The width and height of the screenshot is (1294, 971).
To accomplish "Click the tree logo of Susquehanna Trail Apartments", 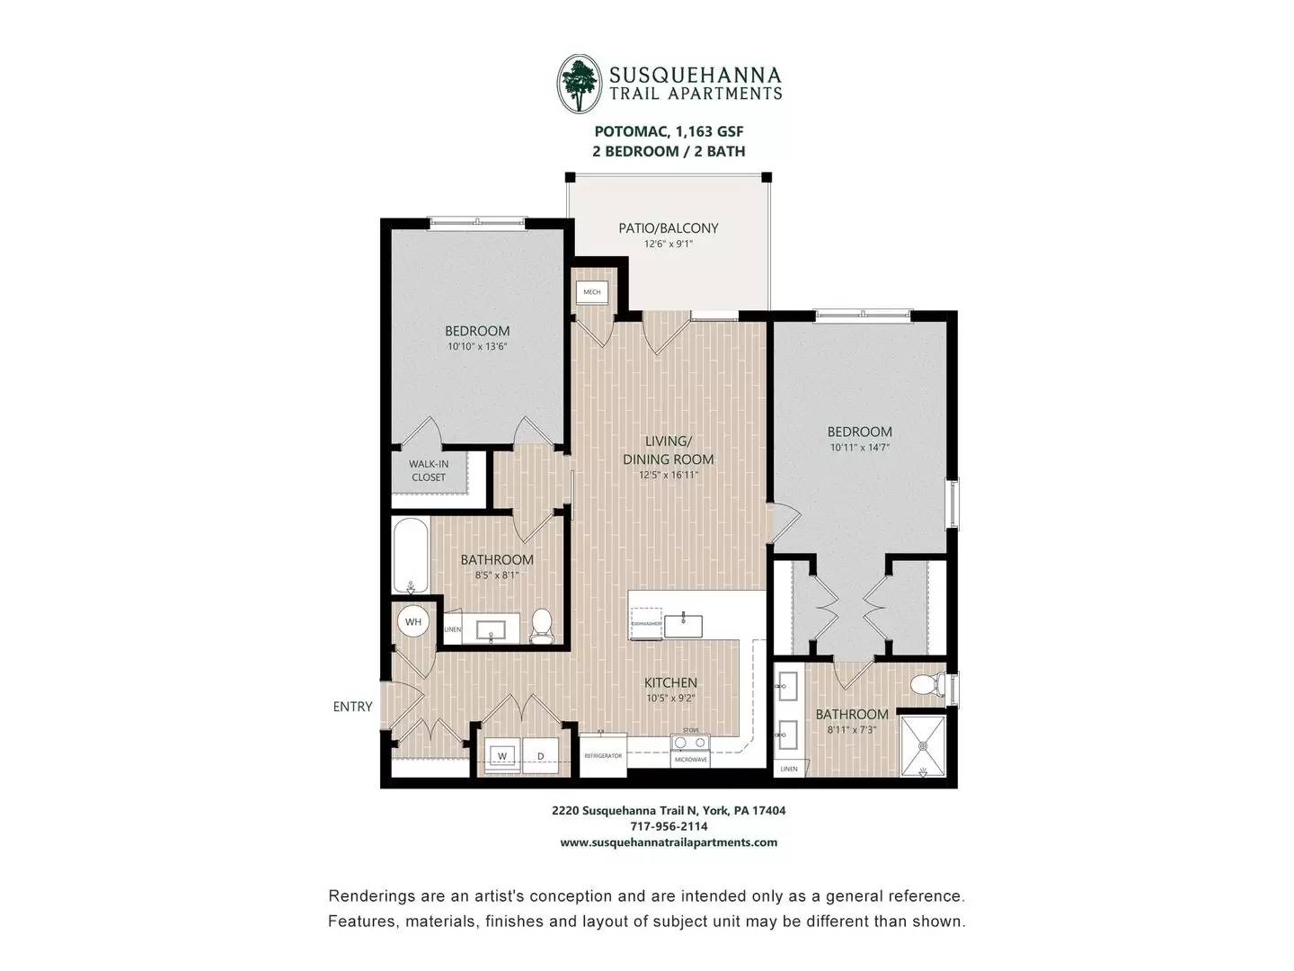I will tap(579, 84).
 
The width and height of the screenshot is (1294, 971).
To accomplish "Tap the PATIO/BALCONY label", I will tap(668, 228).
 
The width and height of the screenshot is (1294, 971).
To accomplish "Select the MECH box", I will tap(591, 292).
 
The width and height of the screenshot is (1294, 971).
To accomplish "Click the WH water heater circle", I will tap(412, 621).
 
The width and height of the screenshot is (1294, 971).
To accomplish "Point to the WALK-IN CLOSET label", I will tap(429, 470).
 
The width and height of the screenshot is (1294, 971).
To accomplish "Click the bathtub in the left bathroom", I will tap(411, 556).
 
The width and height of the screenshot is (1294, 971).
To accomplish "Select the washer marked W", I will tap(502, 755).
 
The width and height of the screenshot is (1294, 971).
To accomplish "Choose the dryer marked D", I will tap(540, 755).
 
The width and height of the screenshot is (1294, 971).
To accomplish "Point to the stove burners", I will tap(690, 743).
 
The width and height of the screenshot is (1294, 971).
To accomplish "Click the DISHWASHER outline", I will tap(646, 623).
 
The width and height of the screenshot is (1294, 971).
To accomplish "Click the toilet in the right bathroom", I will tap(926, 686).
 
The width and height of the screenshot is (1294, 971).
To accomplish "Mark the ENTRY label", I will tap(352, 707).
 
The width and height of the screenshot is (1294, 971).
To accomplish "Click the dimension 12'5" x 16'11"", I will tap(668, 475).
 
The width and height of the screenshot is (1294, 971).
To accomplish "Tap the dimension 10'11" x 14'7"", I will tap(859, 447).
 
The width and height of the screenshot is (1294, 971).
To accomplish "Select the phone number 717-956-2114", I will tap(669, 826).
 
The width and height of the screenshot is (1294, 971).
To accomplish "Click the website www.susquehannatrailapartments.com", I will tap(669, 842).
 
